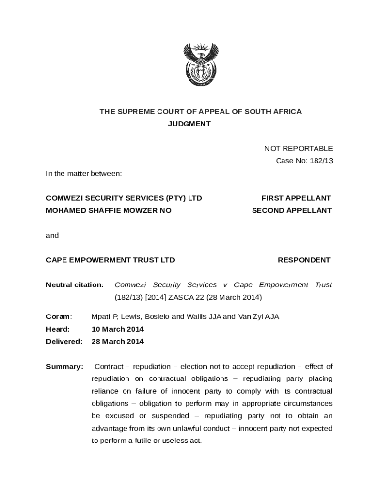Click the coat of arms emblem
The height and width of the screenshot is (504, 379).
[x=200, y=64]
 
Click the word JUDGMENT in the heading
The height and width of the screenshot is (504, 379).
[x=189, y=124]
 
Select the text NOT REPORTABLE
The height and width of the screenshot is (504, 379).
[x=298, y=149]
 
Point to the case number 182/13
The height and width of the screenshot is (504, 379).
[x=321, y=161]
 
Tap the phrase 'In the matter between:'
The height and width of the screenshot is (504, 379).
[x=84, y=174]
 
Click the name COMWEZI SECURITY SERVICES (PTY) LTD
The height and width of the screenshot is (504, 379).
[x=124, y=198]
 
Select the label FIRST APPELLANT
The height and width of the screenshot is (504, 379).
[x=296, y=198]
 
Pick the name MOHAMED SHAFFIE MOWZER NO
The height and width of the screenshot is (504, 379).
[x=109, y=211]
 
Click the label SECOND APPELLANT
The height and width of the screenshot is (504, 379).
[x=292, y=211]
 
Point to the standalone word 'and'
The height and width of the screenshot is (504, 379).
[x=52, y=236]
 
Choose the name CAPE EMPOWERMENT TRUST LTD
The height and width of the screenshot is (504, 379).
[x=110, y=260]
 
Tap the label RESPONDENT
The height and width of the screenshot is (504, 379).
[x=304, y=260]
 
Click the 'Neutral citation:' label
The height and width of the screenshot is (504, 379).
[x=75, y=285]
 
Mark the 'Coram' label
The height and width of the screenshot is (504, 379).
[x=58, y=317]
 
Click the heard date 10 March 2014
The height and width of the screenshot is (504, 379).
[x=118, y=329]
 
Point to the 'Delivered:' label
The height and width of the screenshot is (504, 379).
[x=64, y=342]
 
